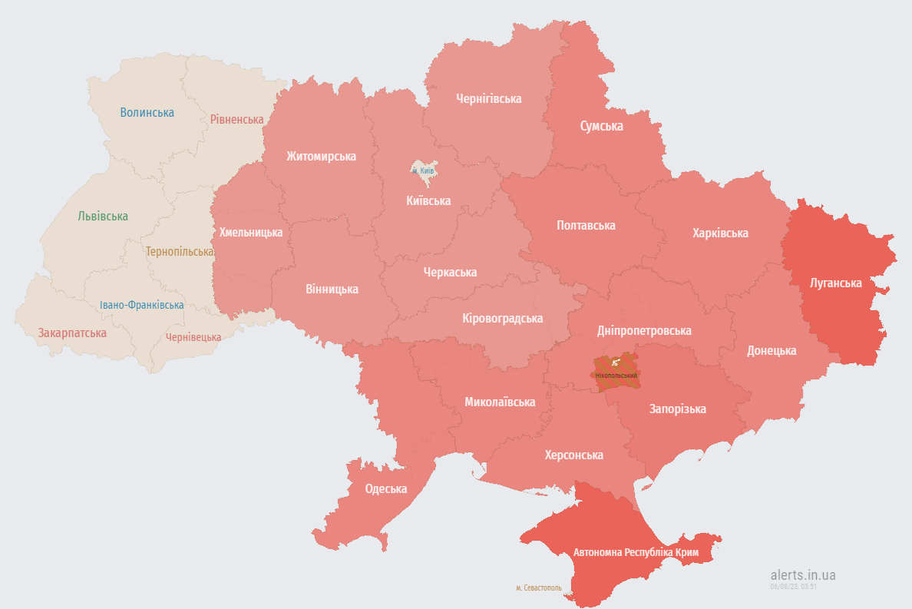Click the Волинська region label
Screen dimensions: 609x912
click(147, 112)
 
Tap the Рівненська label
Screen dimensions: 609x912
click(236, 119)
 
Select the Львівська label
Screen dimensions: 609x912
click(103, 217)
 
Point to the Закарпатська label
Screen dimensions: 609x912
click(72, 333)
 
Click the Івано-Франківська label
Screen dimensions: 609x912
click(141, 305)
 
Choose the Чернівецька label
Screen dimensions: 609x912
click(193, 337)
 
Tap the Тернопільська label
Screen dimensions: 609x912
click(180, 252)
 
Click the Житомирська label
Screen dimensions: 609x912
click(321, 156)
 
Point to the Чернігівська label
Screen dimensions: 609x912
click(488, 98)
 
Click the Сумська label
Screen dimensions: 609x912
click(601, 126)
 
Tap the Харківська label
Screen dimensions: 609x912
click(719, 233)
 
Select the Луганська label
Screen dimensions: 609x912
click(835, 283)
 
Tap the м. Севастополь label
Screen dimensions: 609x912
click(538, 588)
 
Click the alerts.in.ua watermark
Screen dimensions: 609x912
click(802, 574)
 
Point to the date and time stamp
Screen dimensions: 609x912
click(793, 586)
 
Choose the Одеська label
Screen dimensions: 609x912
click(385, 489)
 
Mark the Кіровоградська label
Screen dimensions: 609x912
click(502, 318)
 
